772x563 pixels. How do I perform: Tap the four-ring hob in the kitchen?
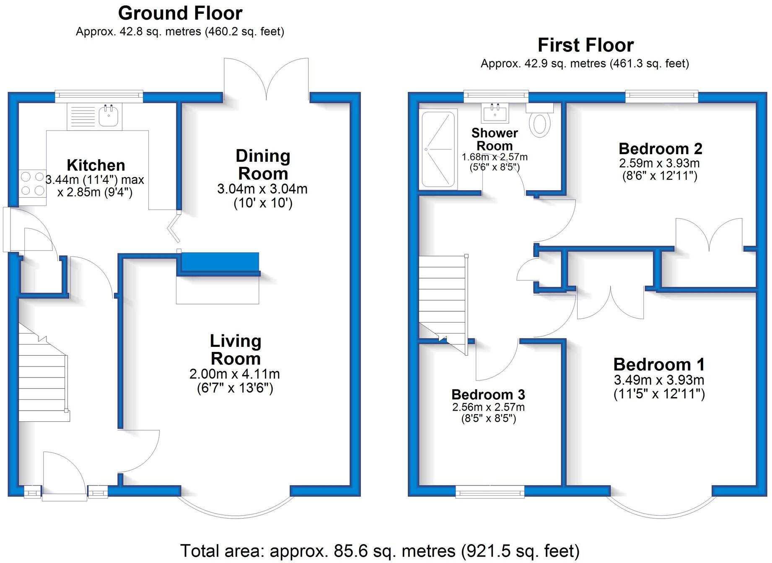coord(32,184)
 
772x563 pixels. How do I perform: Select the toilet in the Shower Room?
coord(540,123)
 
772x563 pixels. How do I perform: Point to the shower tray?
coord(438,149)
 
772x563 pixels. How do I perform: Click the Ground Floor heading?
coord(180,13)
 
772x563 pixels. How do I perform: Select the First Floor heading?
coord(585,45)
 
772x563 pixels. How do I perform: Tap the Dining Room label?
coord(263,165)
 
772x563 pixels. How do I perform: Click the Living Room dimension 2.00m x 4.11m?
coord(235,374)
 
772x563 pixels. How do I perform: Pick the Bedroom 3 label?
coord(488,395)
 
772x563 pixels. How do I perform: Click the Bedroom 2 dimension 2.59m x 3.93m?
coord(659,163)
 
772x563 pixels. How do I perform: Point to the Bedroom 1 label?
coord(659,364)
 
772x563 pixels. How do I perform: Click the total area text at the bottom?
coord(380,551)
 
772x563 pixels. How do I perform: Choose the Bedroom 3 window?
coord(490,492)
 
